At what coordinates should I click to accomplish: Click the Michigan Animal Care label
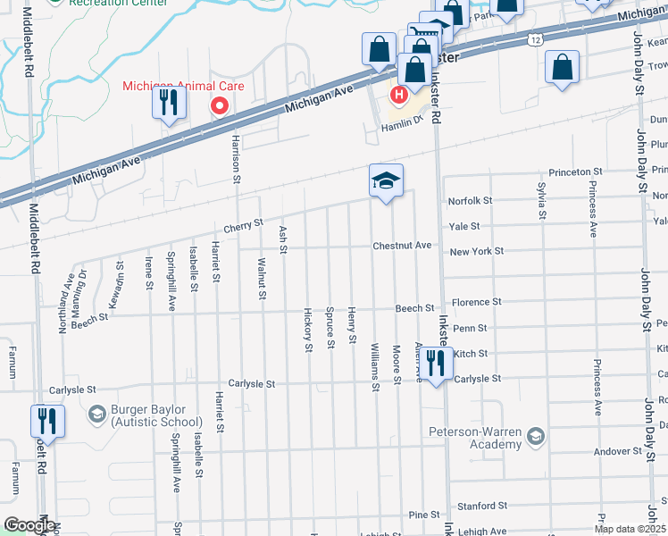[x=183, y=86]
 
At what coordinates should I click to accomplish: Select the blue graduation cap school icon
[x=387, y=181]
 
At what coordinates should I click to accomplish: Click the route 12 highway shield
[x=534, y=40]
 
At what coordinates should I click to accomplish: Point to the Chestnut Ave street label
[x=402, y=246]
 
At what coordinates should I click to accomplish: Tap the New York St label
[x=477, y=252]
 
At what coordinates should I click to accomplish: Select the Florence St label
[x=478, y=303]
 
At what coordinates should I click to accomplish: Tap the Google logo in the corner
[x=29, y=526]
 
